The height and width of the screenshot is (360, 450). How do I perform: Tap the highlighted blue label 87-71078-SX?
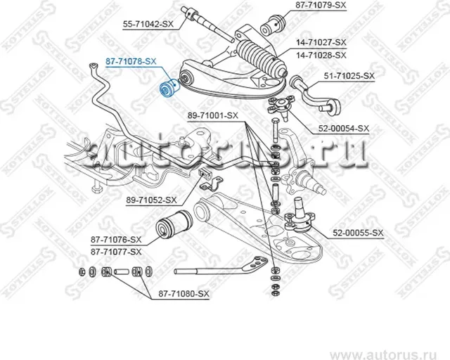tap(131, 62)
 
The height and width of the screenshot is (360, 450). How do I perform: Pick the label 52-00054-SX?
tap(344, 128)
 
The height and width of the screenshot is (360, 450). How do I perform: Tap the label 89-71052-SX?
tap(151, 200)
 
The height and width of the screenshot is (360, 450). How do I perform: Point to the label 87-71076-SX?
tap(116, 240)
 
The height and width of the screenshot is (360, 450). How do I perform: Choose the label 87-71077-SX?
tap(116, 251)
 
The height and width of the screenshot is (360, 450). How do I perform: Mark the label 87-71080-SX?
tap(184, 294)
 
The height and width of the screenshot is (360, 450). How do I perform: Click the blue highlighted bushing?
tap(169, 90)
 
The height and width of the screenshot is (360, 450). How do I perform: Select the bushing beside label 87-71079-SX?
tap(271, 27)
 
